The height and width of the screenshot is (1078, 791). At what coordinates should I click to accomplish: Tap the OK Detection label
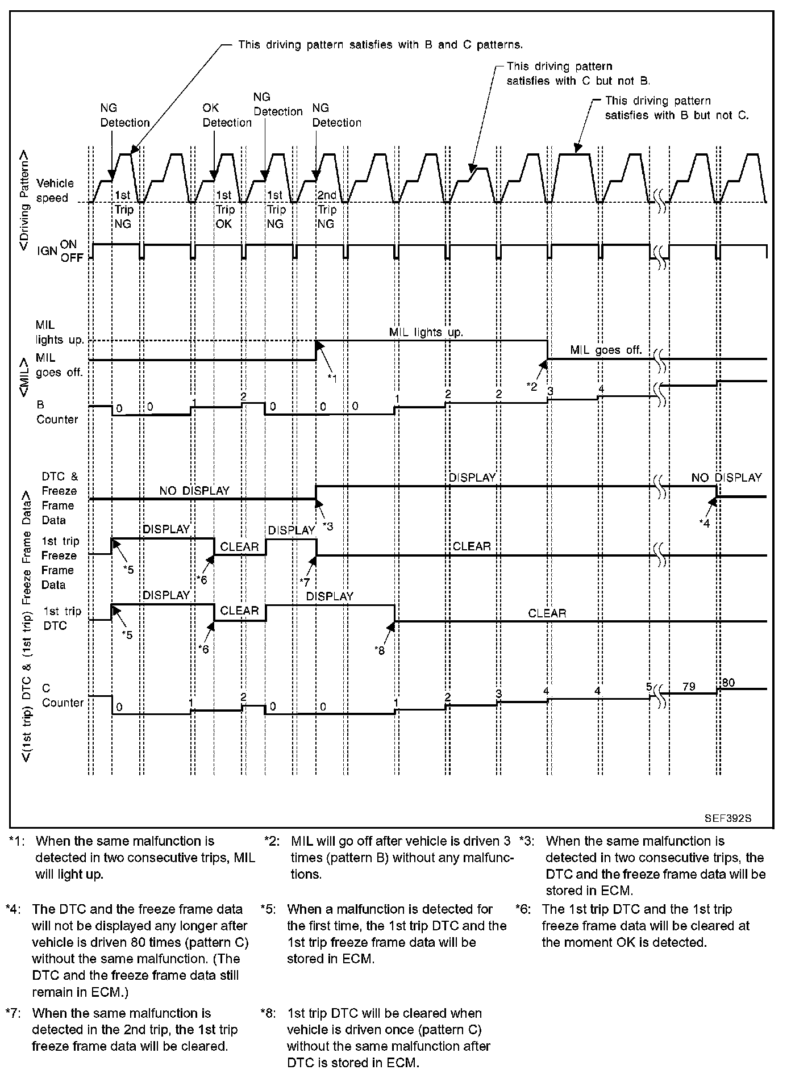(x=227, y=115)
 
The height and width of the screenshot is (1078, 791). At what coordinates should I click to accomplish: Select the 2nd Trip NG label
(x=327, y=210)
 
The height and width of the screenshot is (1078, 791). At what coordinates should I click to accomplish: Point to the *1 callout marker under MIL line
(x=332, y=378)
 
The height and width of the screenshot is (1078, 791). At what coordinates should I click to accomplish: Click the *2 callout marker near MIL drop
(x=532, y=386)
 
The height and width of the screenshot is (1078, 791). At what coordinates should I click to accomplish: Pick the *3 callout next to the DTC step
(x=328, y=526)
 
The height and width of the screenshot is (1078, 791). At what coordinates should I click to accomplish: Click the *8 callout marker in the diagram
(x=380, y=650)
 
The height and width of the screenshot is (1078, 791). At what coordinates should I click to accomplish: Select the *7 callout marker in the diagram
(x=305, y=582)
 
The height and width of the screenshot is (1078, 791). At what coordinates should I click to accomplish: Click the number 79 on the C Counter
(x=689, y=687)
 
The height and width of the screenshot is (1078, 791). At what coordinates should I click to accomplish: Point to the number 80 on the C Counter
(x=728, y=683)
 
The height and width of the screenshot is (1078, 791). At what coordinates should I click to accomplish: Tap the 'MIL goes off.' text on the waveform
(x=606, y=350)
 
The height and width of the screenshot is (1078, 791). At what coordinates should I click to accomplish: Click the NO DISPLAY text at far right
(x=726, y=478)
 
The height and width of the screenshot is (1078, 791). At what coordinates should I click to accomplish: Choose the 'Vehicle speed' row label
(x=55, y=190)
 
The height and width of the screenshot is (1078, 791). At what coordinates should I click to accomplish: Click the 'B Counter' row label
(x=57, y=412)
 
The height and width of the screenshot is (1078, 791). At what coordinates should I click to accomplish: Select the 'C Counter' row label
(x=63, y=695)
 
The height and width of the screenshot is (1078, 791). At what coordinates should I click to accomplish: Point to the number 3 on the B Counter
(x=550, y=391)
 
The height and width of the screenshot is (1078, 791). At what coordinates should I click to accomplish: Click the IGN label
(x=46, y=250)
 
